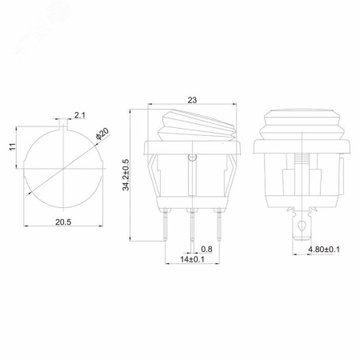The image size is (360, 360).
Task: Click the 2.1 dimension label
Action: (x=79, y=115)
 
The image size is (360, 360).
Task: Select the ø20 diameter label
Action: (x=102, y=134)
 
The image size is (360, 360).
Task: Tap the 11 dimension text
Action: (x=13, y=146)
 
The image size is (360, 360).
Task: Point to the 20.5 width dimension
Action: (x=63, y=222)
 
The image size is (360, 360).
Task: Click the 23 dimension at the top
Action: (x=192, y=100)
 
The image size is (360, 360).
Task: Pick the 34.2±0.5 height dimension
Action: (x=126, y=174)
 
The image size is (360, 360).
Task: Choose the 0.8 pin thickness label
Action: (x=206, y=249)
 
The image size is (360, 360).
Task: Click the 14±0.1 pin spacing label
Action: (x=192, y=259)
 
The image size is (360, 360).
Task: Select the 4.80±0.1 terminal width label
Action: (x=324, y=250)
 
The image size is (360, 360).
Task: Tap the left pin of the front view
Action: (x=166, y=225)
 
